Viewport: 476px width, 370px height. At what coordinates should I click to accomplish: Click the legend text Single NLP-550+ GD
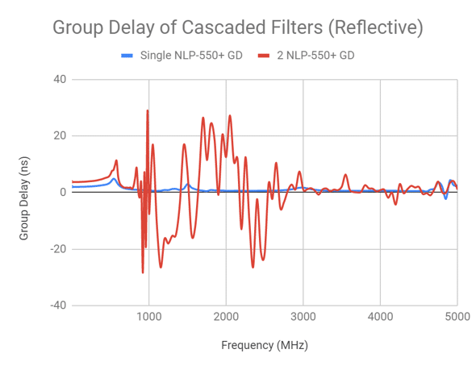pyautogui.click(x=190, y=56)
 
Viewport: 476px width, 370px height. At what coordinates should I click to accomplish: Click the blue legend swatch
pyautogui.click(x=127, y=56)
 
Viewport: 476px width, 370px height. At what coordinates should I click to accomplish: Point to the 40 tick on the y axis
pyautogui.click(x=60, y=79)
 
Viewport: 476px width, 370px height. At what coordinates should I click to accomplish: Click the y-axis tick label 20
pyautogui.click(x=60, y=135)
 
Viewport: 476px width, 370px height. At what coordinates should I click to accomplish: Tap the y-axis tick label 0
pyautogui.click(x=62, y=192)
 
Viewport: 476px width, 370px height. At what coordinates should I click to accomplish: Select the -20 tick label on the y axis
pyautogui.click(x=58, y=248)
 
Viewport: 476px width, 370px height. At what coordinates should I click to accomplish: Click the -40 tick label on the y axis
pyautogui.click(x=58, y=305)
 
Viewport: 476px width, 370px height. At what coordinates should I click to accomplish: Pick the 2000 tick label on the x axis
pyautogui.click(x=226, y=317)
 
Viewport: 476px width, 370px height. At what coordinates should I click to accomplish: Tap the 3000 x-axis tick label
pyautogui.click(x=303, y=317)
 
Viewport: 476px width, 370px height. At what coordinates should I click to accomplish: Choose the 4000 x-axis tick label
pyautogui.click(x=380, y=317)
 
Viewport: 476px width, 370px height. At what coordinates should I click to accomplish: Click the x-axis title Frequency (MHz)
pyautogui.click(x=265, y=344)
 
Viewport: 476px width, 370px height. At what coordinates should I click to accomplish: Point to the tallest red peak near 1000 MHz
pyautogui.click(x=148, y=111)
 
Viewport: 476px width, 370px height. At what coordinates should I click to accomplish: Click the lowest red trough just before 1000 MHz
pyautogui.click(x=143, y=272)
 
